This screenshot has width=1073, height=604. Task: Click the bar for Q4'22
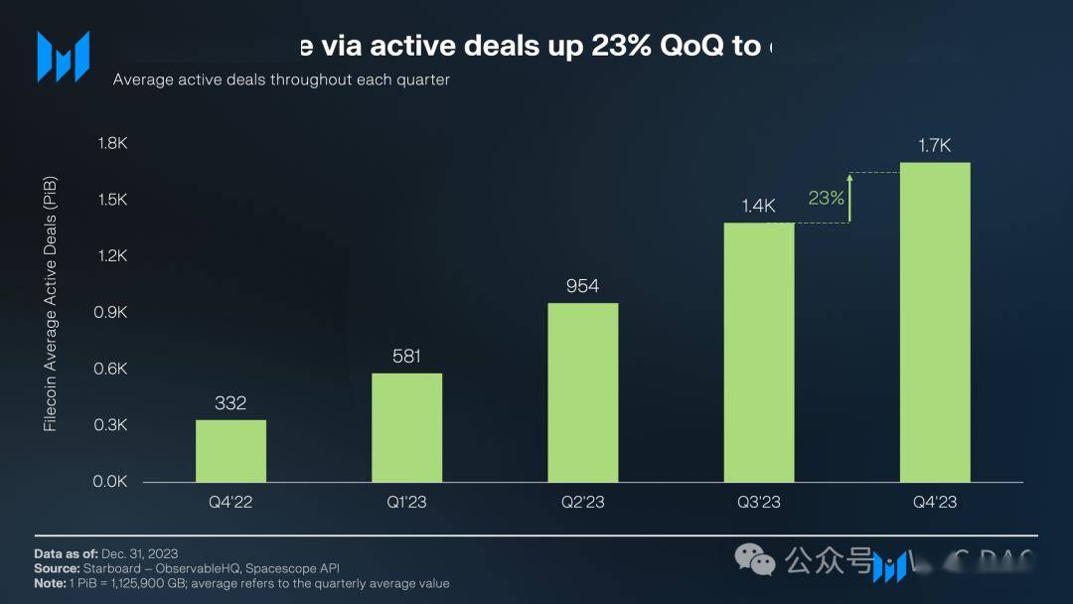coord(230,451)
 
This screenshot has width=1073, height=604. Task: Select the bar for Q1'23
coord(406,427)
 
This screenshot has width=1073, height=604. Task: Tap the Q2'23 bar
coord(582,392)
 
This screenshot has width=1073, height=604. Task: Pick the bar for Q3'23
coord(758,353)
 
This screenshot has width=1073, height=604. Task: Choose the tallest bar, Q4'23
coord(934,323)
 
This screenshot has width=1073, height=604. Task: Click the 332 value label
coord(230,403)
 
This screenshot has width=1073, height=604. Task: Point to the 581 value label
coord(406,356)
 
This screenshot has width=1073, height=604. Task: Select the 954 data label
coord(582,286)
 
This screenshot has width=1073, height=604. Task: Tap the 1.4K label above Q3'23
coord(758,206)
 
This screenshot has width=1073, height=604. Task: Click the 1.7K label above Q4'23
coord(934,146)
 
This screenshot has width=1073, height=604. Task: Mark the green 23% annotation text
coord(826,198)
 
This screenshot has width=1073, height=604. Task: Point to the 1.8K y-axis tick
coord(112,143)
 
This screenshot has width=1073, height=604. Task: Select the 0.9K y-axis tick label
coord(112,312)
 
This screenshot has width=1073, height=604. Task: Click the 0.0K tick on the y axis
coord(112,482)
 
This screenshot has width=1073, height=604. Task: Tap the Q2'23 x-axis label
coord(582,502)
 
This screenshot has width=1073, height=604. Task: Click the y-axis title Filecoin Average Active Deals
coord(51,303)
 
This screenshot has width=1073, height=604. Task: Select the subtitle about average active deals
coord(281,79)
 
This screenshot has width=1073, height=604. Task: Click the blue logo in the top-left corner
coord(63,56)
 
